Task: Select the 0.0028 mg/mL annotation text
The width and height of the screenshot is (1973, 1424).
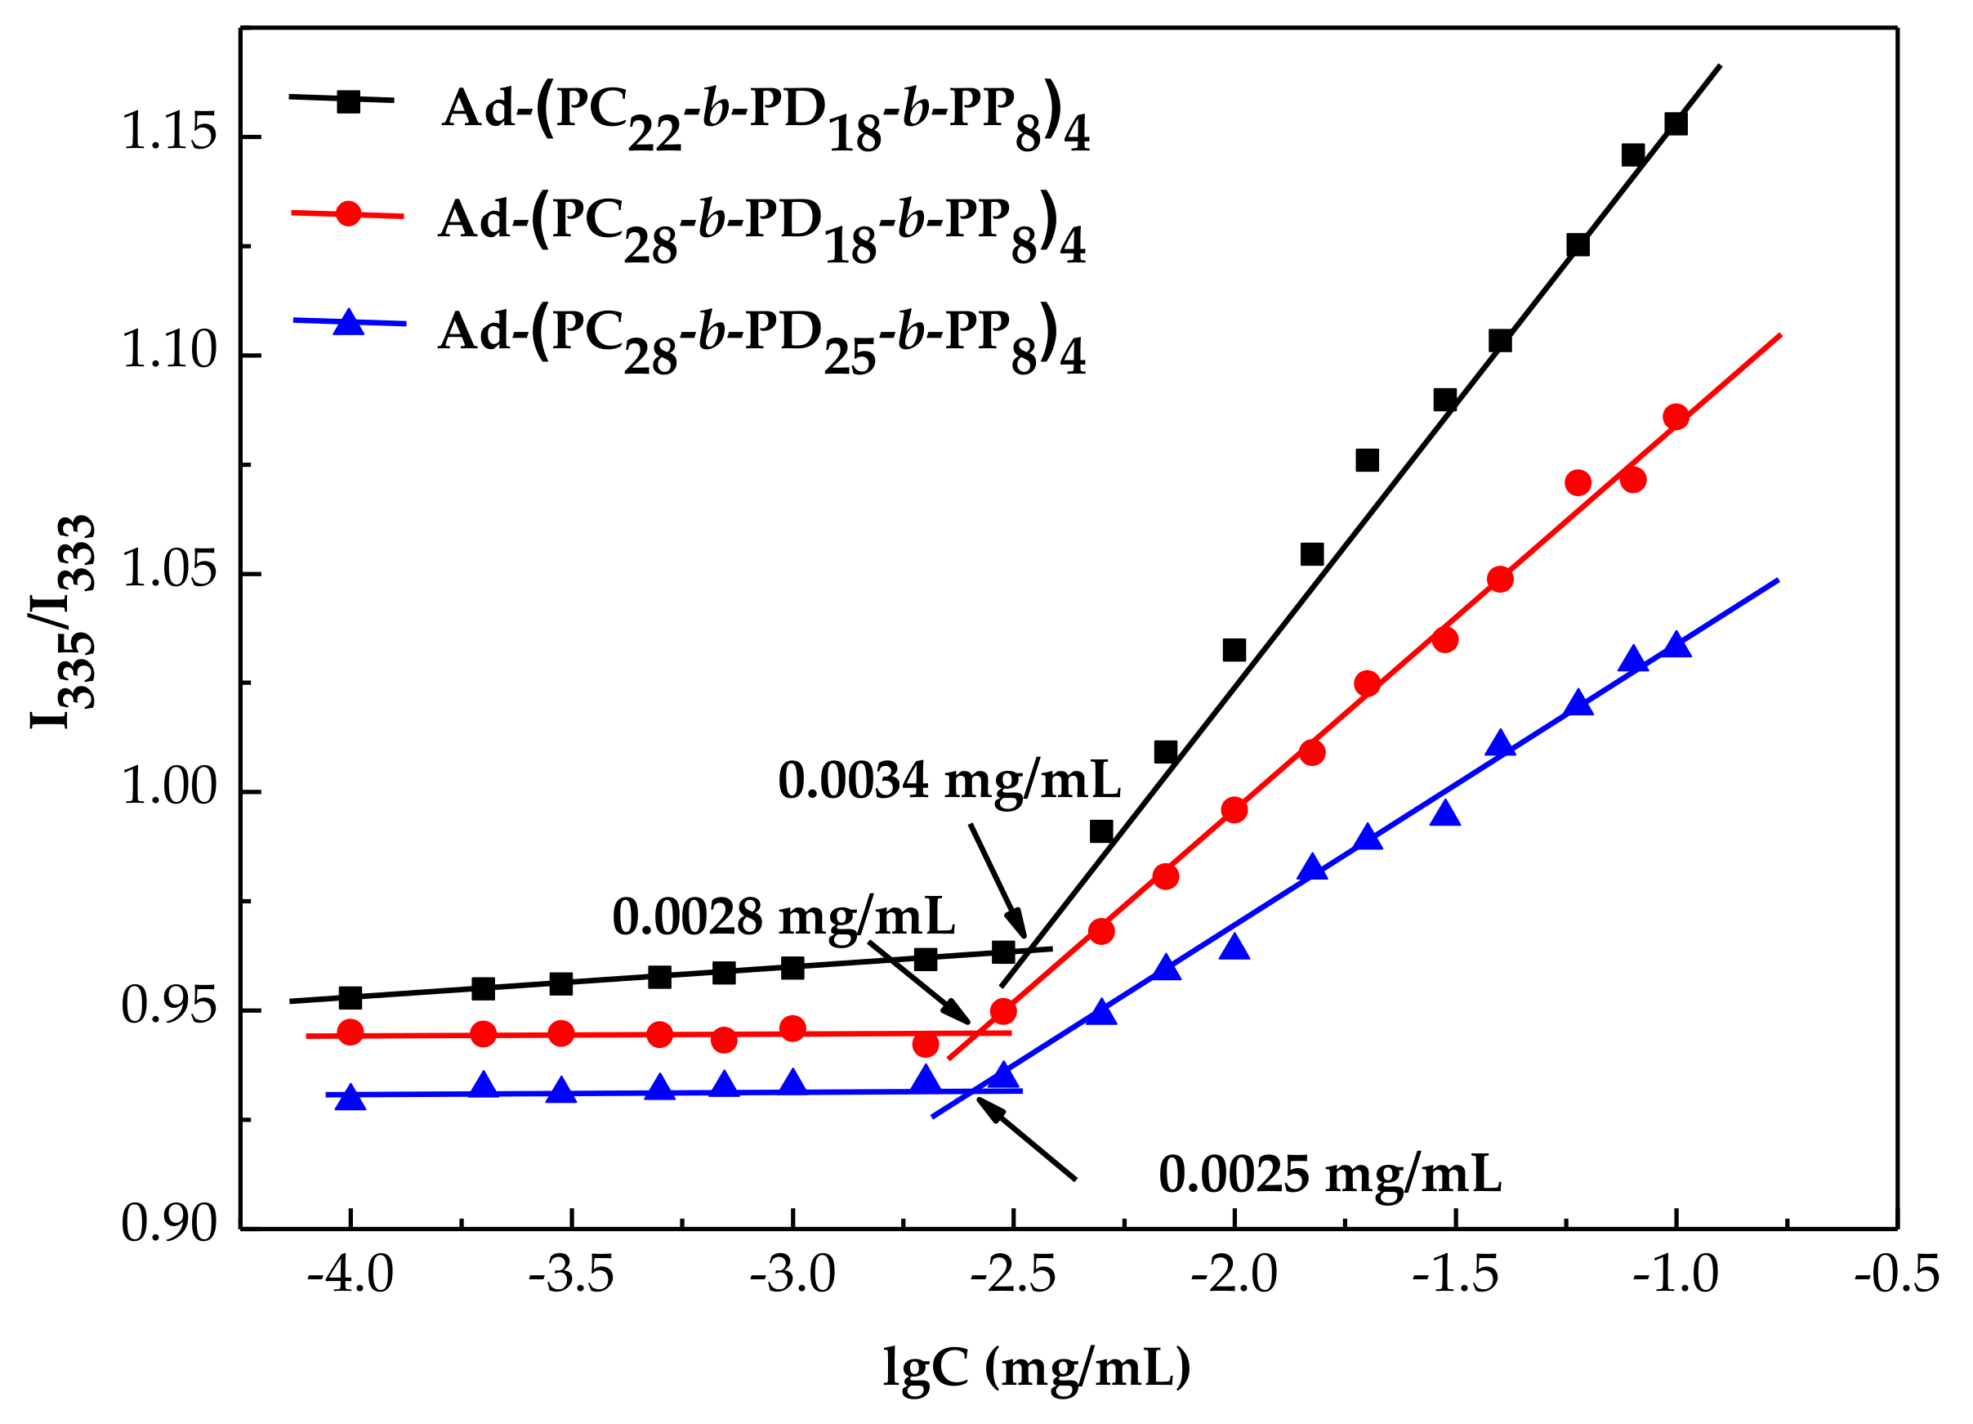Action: [x=783, y=917]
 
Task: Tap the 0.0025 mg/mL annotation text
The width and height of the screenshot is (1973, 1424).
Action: [x=1329, y=1175]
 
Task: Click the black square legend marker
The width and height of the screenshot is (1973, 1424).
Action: [x=349, y=101]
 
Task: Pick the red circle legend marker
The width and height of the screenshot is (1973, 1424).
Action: [x=349, y=213]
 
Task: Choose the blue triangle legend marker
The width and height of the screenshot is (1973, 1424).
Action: [x=349, y=322]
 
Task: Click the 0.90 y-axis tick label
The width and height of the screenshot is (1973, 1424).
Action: [x=168, y=1225]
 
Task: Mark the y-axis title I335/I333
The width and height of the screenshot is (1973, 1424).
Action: [x=63, y=621]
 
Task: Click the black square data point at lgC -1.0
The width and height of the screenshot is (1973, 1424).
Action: [x=1676, y=123]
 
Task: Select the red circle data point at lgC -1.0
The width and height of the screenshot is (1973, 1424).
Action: [x=1676, y=418]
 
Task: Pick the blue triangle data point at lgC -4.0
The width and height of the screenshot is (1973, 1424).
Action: [x=350, y=1099]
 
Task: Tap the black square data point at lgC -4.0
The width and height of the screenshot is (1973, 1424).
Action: [x=350, y=997]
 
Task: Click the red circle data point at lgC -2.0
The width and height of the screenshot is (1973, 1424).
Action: [x=1234, y=810]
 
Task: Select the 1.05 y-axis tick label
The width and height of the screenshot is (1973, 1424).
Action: [x=168, y=571]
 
